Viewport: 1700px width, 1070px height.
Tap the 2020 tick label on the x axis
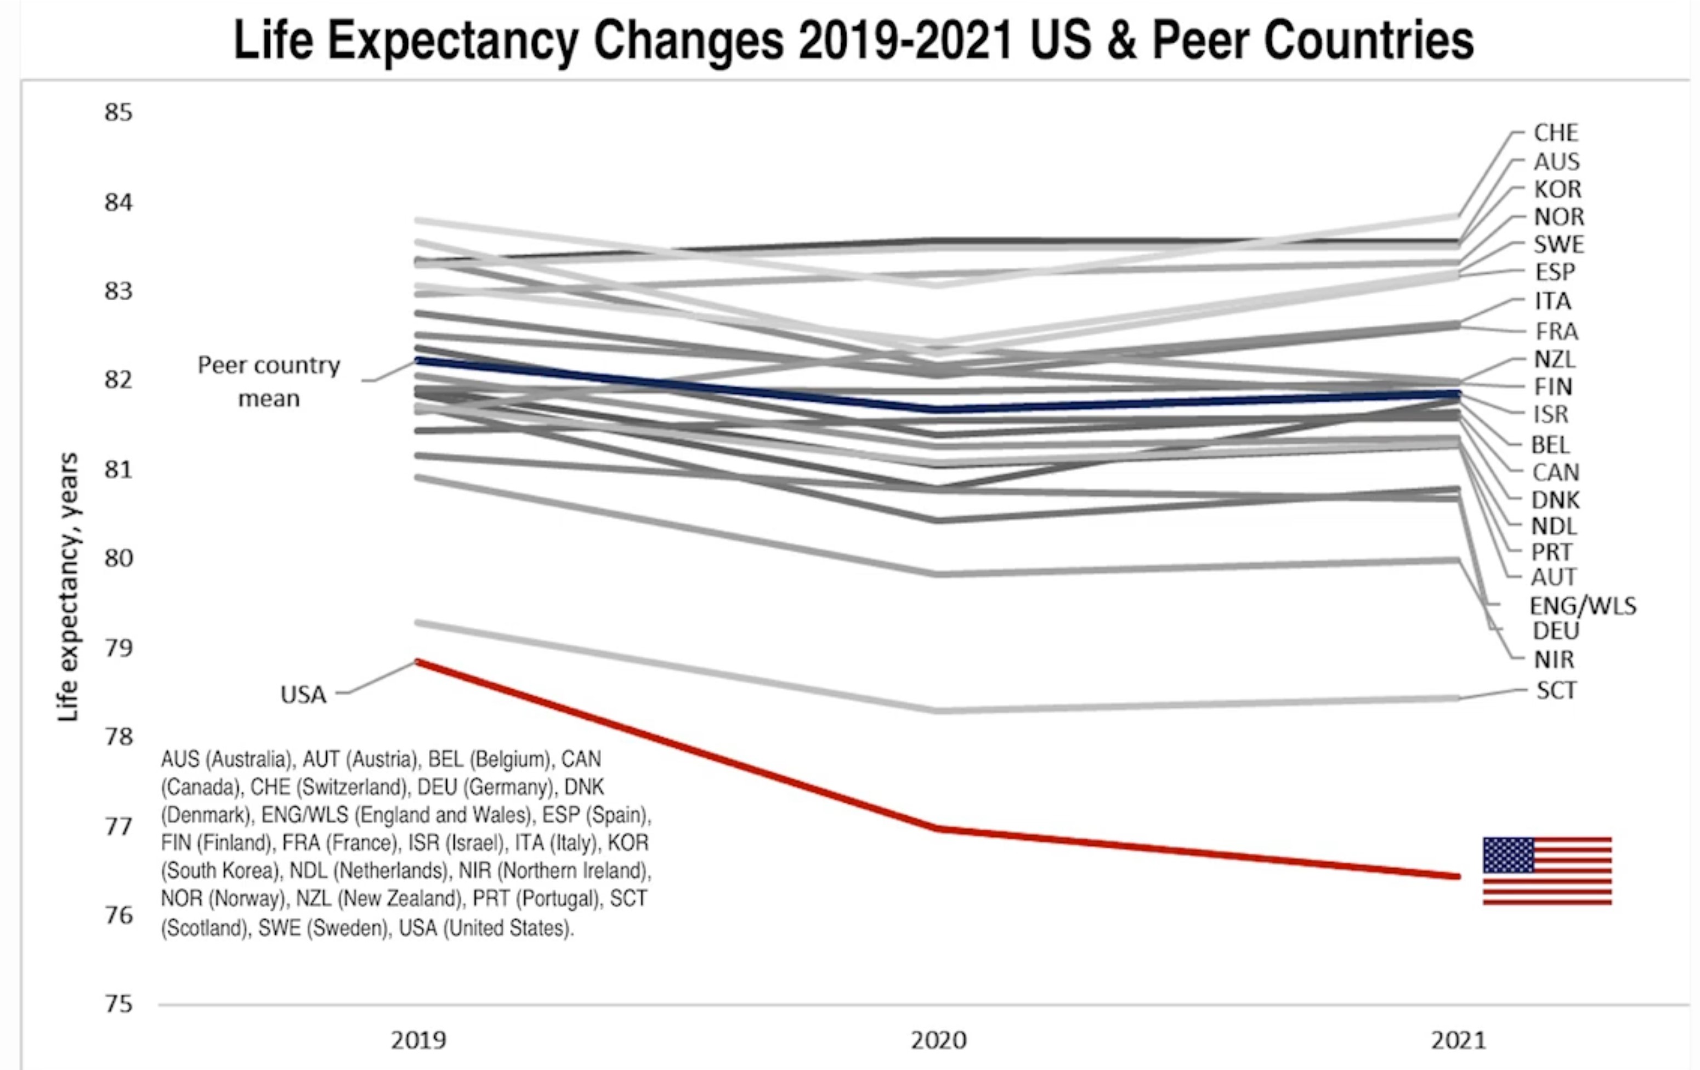click(938, 1040)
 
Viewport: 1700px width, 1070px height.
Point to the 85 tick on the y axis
click(118, 113)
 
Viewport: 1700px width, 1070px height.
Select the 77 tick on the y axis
click(118, 826)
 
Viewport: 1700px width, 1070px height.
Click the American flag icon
click(1547, 870)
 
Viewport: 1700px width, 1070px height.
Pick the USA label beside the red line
click(304, 695)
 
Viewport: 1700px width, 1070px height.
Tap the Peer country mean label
click(269, 381)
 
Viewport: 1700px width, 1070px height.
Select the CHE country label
click(1555, 133)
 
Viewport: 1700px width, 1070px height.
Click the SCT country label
click(1556, 690)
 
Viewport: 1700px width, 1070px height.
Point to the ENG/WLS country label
click(1582, 606)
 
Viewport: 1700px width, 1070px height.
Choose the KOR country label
click(1557, 189)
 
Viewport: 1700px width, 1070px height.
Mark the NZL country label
click(1555, 359)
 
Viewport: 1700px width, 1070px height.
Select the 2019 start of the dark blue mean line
click(418, 360)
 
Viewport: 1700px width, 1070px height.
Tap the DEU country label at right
click(1556, 630)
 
